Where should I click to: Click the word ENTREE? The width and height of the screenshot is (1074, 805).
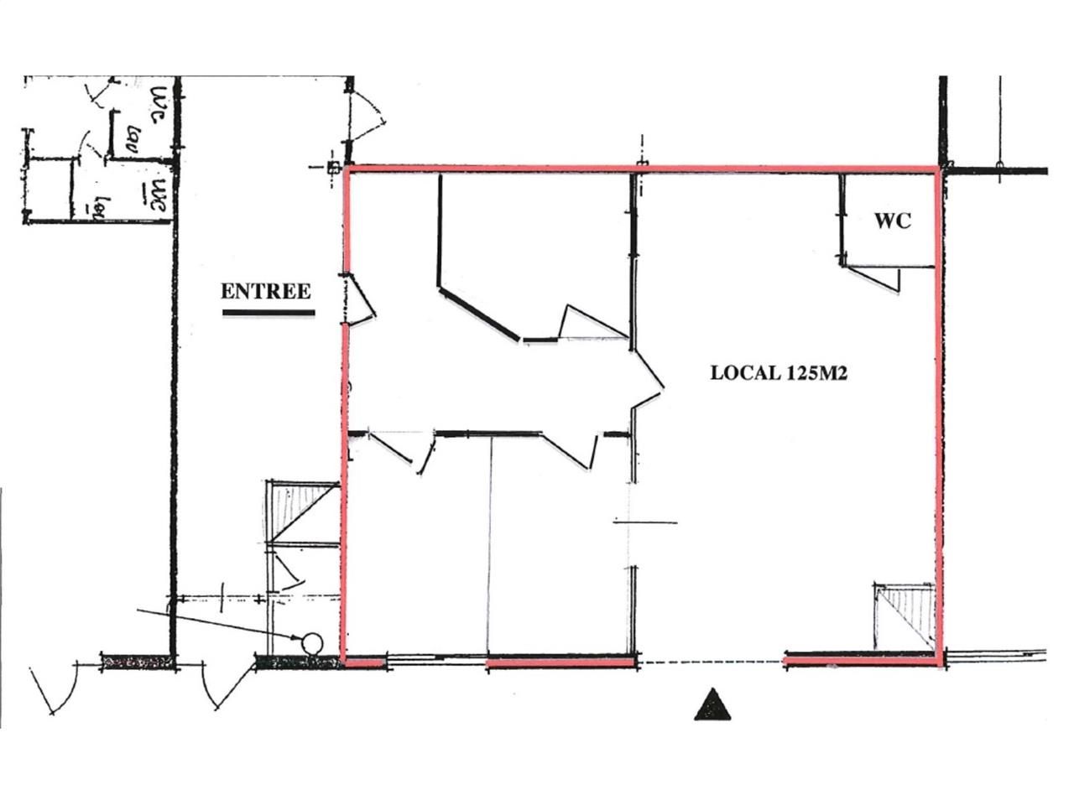pos(265,291)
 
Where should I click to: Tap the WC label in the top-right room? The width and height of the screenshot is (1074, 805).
pos(892,221)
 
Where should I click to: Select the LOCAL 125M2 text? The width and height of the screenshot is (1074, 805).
pos(778,373)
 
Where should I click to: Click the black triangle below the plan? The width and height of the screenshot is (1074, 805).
pos(712,706)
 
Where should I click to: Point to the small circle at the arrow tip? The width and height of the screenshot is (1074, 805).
pos(311,643)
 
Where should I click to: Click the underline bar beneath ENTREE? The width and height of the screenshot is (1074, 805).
pos(268,314)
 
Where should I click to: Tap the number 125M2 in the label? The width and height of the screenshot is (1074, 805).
pos(816,373)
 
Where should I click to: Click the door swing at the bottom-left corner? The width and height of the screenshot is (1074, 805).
pos(55,688)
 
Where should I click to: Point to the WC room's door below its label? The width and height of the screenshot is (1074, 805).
pos(877,278)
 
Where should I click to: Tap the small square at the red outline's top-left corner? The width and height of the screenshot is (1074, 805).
pos(333,168)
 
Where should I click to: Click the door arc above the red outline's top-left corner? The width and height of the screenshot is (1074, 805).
pos(369,117)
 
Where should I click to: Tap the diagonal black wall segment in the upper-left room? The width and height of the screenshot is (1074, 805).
pos(479,314)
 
